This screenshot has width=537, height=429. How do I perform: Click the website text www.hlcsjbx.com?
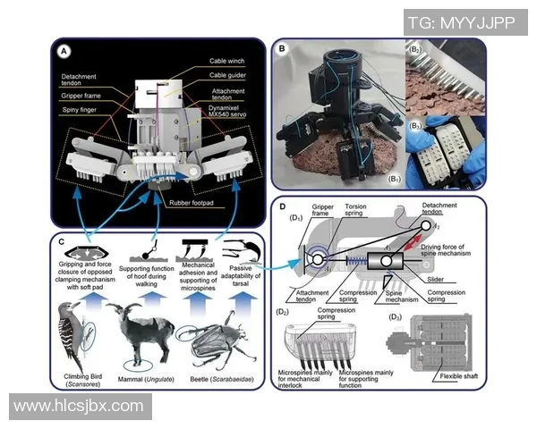[x=79, y=406]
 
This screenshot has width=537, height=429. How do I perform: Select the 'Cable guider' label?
[x=229, y=75]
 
